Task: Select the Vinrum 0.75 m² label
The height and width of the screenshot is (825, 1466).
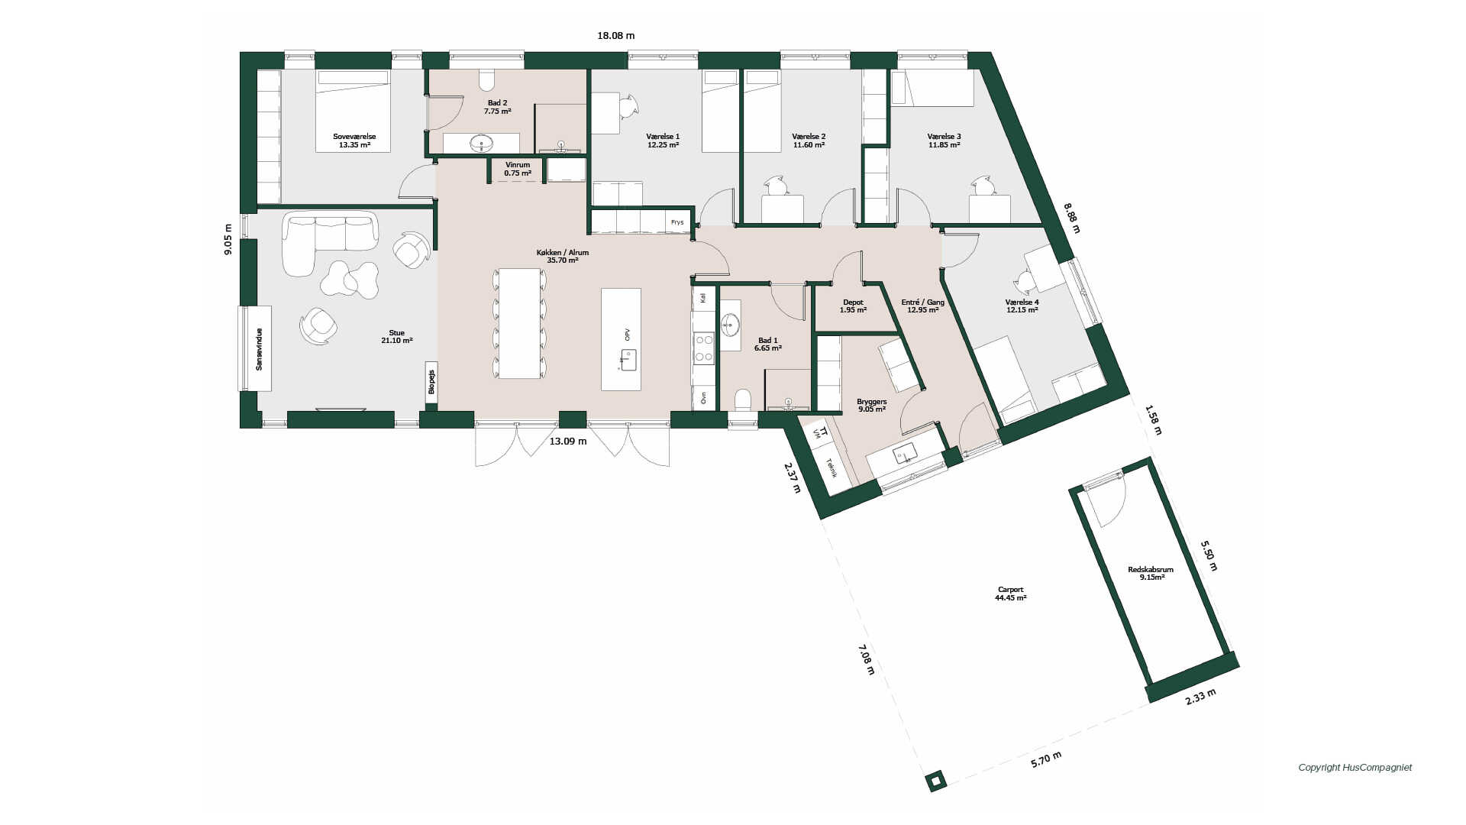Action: [517, 169]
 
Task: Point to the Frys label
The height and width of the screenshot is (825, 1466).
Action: [677, 222]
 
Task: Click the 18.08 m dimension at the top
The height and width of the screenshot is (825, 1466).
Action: [615, 35]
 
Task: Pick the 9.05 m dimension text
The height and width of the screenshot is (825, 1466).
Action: [228, 239]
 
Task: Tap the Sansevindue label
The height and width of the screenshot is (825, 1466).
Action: [259, 349]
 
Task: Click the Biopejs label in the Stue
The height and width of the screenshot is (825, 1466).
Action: [431, 382]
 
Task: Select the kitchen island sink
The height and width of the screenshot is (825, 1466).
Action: [628, 359]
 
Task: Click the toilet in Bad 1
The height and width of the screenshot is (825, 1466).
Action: [742, 400]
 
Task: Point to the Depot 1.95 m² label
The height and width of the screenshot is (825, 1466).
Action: [853, 306]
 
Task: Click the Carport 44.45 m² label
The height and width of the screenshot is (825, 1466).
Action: [1010, 594]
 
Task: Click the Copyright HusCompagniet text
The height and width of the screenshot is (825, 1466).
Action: [1355, 768]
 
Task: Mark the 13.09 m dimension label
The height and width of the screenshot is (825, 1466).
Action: [568, 441]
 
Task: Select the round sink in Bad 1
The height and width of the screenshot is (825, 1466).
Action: [730, 325]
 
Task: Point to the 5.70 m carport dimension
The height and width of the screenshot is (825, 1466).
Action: [1046, 759]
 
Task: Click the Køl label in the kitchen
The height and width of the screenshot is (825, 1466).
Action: [703, 298]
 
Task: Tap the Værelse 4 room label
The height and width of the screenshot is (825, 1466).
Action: [1022, 306]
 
